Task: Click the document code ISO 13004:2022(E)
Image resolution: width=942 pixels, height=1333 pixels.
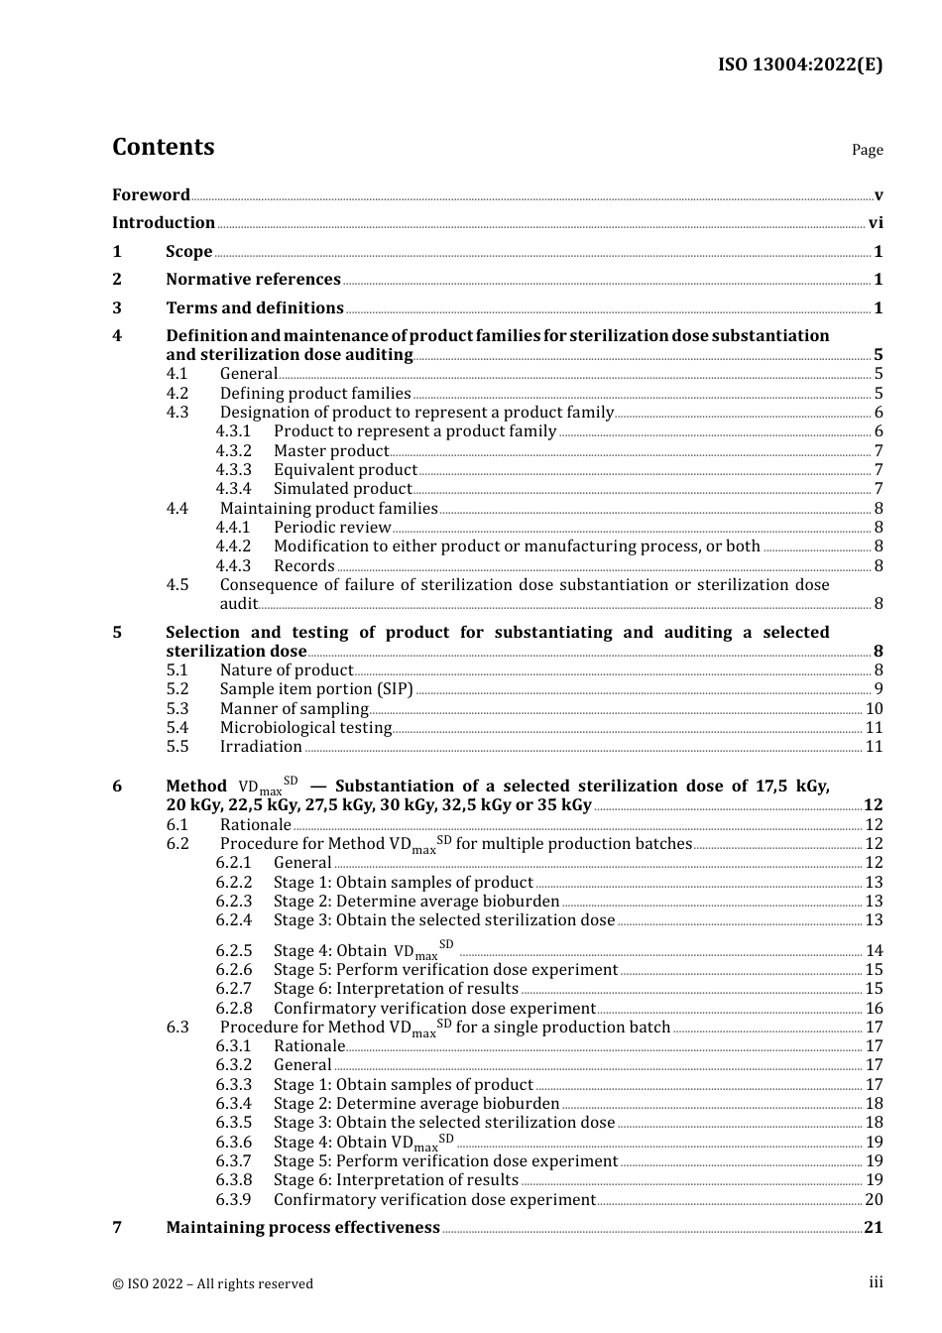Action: coord(799,65)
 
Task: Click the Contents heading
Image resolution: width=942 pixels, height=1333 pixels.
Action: coord(163,147)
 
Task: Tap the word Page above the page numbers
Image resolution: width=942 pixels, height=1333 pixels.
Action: coord(867,150)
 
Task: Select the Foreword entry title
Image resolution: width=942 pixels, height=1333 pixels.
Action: coord(151,194)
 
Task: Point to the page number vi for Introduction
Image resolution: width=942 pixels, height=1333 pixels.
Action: coord(876,223)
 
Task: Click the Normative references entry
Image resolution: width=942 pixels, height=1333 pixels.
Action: coord(253,280)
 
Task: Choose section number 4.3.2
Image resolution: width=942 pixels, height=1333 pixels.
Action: coord(234,451)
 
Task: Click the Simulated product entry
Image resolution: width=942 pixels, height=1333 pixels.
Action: coord(342,489)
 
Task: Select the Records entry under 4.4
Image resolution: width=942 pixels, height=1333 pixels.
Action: coord(303,566)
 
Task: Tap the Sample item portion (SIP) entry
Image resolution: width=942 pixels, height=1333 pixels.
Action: coord(315,689)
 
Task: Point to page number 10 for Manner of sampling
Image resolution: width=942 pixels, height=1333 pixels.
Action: coord(874,709)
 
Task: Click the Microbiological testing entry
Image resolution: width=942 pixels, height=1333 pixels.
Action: coord(305,728)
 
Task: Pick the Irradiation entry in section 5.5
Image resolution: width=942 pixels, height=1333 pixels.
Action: coord(261,747)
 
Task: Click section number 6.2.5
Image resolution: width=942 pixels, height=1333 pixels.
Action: coord(234,951)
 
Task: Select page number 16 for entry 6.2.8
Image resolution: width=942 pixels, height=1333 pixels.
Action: coord(874,1009)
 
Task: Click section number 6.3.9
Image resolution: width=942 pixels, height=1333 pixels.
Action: coord(234,1200)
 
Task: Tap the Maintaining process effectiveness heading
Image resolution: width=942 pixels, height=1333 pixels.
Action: coord(302,1228)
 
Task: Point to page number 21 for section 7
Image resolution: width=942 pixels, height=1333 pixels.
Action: coord(873,1228)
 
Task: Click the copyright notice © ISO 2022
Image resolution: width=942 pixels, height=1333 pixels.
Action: coord(212,1284)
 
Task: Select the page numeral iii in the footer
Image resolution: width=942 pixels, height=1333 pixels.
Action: coord(876,1283)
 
